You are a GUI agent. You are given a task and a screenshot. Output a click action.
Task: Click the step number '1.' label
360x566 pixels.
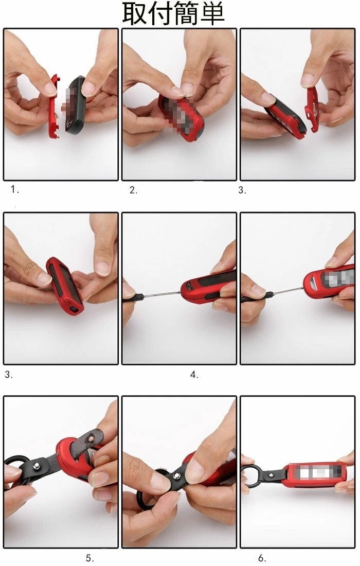pos(15,189)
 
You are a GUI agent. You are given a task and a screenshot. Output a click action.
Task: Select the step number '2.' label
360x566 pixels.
pos(134,190)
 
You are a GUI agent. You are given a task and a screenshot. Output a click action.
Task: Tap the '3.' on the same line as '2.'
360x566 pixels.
pos(242,190)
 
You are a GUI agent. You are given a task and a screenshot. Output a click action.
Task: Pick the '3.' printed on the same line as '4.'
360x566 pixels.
pos(9,374)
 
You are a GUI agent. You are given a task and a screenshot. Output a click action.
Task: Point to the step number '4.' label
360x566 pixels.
pos(194,375)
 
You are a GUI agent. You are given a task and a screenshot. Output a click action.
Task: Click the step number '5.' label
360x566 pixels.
pos(89,558)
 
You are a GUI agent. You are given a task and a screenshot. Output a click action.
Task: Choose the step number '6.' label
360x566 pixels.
pos(262,558)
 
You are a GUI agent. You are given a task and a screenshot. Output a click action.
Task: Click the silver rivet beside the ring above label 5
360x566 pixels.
pos(36,466)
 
